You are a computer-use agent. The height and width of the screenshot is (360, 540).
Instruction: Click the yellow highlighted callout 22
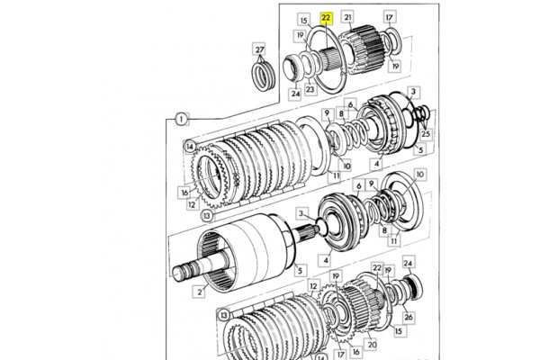(326, 18)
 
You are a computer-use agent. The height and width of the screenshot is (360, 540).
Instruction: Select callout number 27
(260, 49)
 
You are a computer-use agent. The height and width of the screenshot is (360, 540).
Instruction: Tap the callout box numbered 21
(347, 17)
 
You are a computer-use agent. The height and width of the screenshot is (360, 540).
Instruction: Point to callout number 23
(310, 89)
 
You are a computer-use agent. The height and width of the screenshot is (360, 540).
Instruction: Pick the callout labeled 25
(426, 134)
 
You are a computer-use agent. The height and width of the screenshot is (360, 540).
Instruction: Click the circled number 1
(182, 119)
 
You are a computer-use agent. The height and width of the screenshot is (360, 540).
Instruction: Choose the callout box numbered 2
(200, 292)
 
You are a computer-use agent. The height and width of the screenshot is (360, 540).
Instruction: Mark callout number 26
(408, 317)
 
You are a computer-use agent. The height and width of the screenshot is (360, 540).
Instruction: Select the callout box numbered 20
(372, 344)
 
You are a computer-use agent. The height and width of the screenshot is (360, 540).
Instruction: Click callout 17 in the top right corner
(390, 17)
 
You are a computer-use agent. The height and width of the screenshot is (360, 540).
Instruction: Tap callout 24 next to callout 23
(295, 94)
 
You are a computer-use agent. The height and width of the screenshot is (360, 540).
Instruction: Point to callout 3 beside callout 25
(413, 92)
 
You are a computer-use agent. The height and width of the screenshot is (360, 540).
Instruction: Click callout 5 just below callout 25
(420, 149)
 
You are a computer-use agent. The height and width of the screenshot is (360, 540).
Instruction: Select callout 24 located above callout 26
(408, 263)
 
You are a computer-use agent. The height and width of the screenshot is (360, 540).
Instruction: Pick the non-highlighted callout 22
(377, 267)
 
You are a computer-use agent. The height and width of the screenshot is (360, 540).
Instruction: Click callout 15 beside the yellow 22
(303, 21)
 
